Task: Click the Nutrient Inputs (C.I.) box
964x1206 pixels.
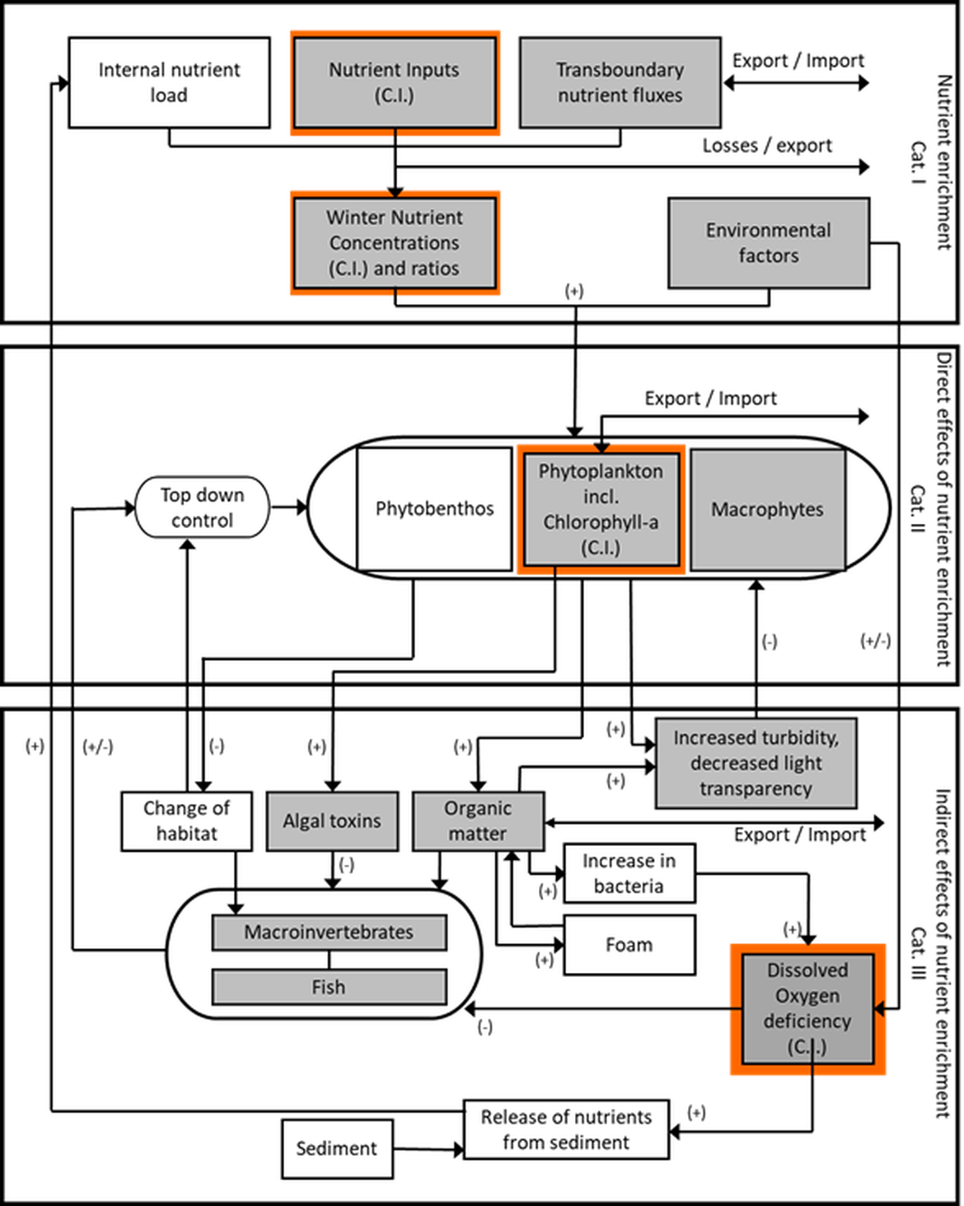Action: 395,82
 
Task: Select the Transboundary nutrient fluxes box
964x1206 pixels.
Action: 620,82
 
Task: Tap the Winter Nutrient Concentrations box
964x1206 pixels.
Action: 395,242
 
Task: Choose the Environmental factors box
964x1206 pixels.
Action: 768,243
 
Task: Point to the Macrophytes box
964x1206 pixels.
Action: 767,509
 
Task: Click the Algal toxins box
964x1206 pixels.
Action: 332,820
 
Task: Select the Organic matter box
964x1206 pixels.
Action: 478,820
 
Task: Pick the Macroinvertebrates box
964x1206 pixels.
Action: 329,933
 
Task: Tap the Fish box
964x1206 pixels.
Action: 329,987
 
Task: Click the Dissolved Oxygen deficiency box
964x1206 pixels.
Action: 807,1008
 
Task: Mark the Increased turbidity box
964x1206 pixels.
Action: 756,763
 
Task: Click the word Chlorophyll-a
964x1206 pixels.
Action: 600,522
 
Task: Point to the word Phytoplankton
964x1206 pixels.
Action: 600,471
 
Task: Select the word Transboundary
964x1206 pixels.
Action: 620,70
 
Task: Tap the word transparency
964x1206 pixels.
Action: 756,789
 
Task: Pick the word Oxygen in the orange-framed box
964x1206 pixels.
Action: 807,996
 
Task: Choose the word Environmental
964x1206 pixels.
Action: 768,231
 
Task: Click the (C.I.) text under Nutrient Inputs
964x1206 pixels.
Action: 394,96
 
